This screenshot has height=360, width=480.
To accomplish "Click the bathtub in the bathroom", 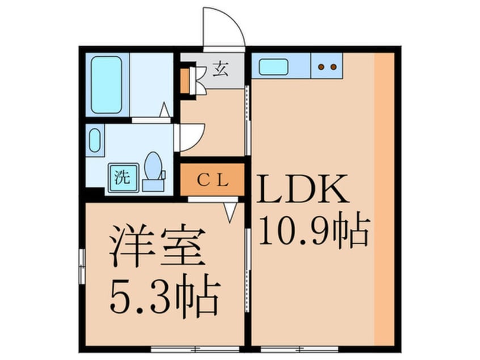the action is click(x=107, y=85).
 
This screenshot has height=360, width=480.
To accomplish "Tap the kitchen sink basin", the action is click(x=273, y=67).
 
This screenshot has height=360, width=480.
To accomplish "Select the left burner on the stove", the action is click(x=321, y=67).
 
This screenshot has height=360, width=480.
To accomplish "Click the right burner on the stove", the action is click(x=334, y=67).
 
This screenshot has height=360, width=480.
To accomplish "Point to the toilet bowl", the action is click(x=153, y=165).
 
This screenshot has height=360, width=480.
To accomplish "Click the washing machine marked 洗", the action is click(x=123, y=178).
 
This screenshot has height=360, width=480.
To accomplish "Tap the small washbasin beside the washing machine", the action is click(x=95, y=140).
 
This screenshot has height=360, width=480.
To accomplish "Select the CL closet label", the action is click(x=213, y=181).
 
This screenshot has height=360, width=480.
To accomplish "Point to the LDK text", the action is click(x=303, y=189).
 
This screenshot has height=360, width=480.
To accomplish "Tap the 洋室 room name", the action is click(x=157, y=246).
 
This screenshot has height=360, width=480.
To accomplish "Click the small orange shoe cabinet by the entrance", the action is click(x=184, y=81).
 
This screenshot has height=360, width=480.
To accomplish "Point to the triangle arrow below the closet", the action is click(x=230, y=212).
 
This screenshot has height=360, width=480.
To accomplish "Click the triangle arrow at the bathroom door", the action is click(x=165, y=110).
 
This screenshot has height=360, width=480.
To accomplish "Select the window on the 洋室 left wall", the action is click(x=82, y=266).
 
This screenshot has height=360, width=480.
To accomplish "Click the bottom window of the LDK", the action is click(x=300, y=349).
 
